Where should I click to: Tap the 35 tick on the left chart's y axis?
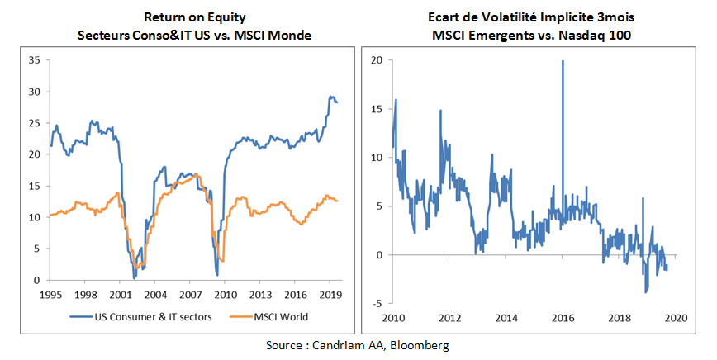(34, 60)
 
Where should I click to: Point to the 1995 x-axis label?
(50, 293)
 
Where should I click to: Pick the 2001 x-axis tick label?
(121, 293)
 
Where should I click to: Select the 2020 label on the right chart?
(676, 317)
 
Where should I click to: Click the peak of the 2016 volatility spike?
(563, 61)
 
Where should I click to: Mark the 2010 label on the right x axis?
(393, 317)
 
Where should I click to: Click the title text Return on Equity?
(194, 17)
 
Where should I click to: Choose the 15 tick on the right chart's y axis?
(377, 109)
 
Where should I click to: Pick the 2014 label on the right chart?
(506, 317)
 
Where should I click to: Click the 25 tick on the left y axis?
(34, 123)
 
